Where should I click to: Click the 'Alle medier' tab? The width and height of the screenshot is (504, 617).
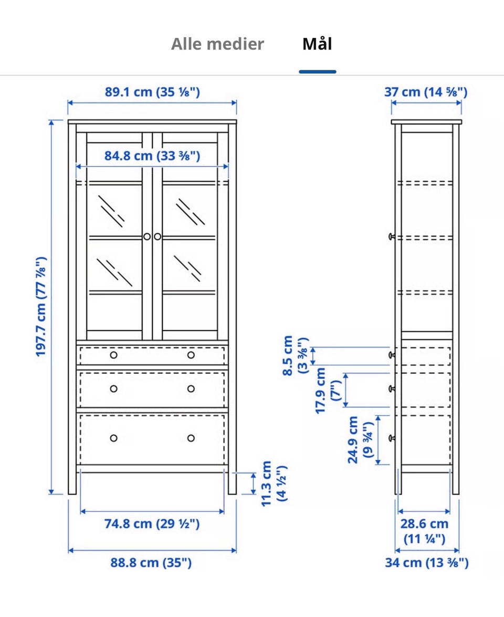pyautogui.click(x=217, y=44)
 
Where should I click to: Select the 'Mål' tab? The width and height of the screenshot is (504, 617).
pyautogui.click(x=317, y=43)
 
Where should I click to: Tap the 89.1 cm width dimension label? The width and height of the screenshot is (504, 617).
pyautogui.click(x=152, y=91)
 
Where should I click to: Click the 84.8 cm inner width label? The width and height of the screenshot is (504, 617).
pyautogui.click(x=152, y=156)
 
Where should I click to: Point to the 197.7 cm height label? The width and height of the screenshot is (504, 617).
pyautogui.click(x=41, y=307)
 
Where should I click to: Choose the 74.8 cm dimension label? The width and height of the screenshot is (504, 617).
pyautogui.click(x=152, y=524)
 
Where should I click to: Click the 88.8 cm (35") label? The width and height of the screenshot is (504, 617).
pyautogui.click(x=151, y=562)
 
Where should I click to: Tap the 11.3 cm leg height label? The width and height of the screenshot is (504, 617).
pyautogui.click(x=273, y=483)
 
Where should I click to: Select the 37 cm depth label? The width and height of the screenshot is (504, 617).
pyautogui.click(x=426, y=91)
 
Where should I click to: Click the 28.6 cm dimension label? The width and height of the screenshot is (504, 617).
pyautogui.click(x=424, y=531)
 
